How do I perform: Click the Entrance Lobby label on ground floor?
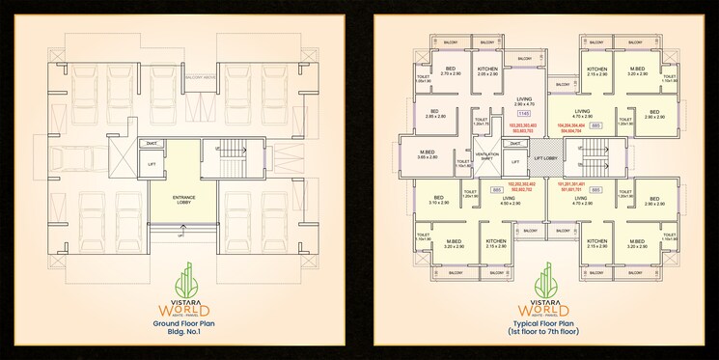(x=184, y=199)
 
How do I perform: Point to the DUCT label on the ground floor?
(x=152, y=144)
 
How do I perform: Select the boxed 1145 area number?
(x=497, y=114)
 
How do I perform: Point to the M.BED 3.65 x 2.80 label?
(x=425, y=154)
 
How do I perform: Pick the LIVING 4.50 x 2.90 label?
(x=510, y=202)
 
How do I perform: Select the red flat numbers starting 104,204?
(x=571, y=128)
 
